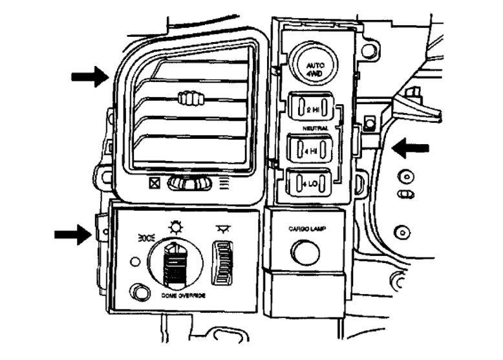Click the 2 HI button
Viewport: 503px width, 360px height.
(x=312, y=109)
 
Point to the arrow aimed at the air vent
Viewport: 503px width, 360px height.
(x=89, y=77)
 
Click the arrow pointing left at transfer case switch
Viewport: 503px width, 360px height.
(x=410, y=148)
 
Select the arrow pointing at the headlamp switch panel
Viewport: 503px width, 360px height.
(x=72, y=233)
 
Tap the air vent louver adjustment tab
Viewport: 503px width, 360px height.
(x=189, y=99)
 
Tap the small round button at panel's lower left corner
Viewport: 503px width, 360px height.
(x=137, y=291)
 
